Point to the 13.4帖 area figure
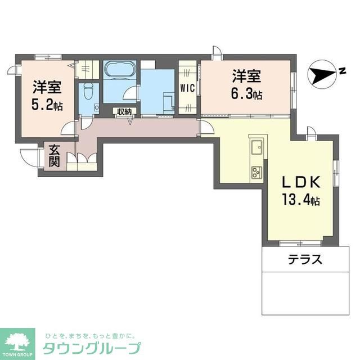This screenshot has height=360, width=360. point(301,200)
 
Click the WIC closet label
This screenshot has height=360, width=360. point(187,88)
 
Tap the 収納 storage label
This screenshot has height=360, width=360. point(124,111)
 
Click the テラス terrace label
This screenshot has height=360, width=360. point(305,260)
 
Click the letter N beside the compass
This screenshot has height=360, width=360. point(341,70)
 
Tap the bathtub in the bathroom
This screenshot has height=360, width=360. point(119,70)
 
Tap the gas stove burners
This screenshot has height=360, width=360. point(256,170)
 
